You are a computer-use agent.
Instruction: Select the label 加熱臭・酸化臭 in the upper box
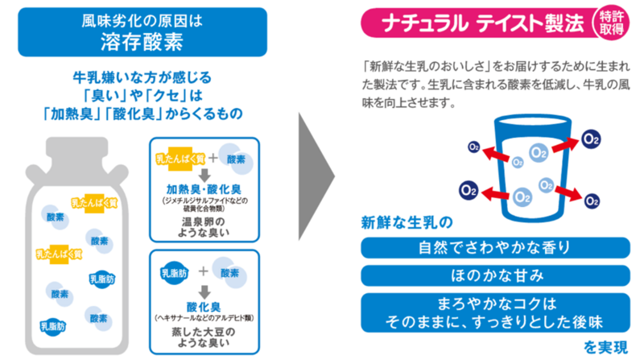[203, 189]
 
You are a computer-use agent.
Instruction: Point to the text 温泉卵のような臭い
[203, 226]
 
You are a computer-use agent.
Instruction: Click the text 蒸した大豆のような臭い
[203, 335]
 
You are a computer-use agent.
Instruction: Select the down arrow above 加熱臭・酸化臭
[203, 174]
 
